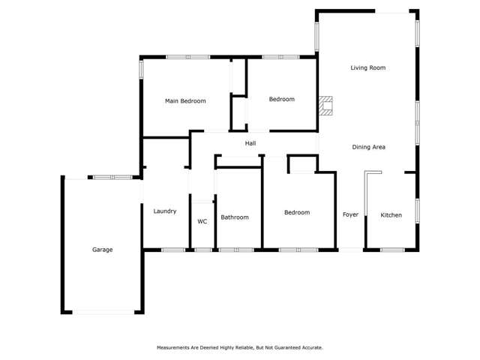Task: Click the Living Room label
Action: pyautogui.click(x=367, y=67)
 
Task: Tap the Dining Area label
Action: pyautogui.click(x=368, y=147)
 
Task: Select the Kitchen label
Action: pyautogui.click(x=391, y=215)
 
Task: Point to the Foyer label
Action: pyautogui.click(x=350, y=215)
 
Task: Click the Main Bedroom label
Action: pyautogui.click(x=185, y=100)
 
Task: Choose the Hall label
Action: pyautogui.click(x=250, y=142)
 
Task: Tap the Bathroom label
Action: pyautogui.click(x=234, y=217)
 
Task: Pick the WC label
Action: pyautogui.click(x=202, y=222)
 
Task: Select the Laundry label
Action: pyautogui.click(x=164, y=211)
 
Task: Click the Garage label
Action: pyautogui.click(x=102, y=250)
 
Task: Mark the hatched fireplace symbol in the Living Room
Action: pyautogui.click(x=325, y=105)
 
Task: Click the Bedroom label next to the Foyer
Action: pyautogui.click(x=296, y=213)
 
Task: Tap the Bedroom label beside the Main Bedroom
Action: pyautogui.click(x=281, y=99)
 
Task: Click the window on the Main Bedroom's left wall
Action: pyautogui.click(x=141, y=68)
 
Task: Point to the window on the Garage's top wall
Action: pyautogui.click(x=112, y=177)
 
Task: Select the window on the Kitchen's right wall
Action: pyautogui.click(x=417, y=209)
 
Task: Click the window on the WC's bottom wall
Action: pyautogui.click(x=202, y=249)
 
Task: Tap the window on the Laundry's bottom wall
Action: pyautogui.click(x=173, y=249)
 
